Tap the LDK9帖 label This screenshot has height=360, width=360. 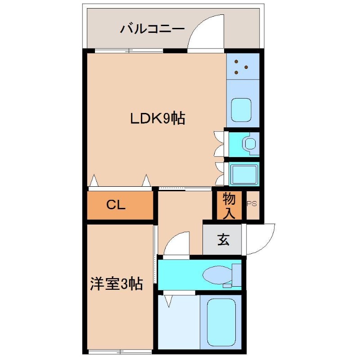click(x=157, y=119)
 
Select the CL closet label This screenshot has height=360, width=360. click(x=116, y=205)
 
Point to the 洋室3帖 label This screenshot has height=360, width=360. click(x=116, y=283)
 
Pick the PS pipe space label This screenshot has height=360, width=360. click(x=252, y=203)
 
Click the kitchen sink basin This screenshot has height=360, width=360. click(x=243, y=109)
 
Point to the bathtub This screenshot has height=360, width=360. click(x=221, y=321)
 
